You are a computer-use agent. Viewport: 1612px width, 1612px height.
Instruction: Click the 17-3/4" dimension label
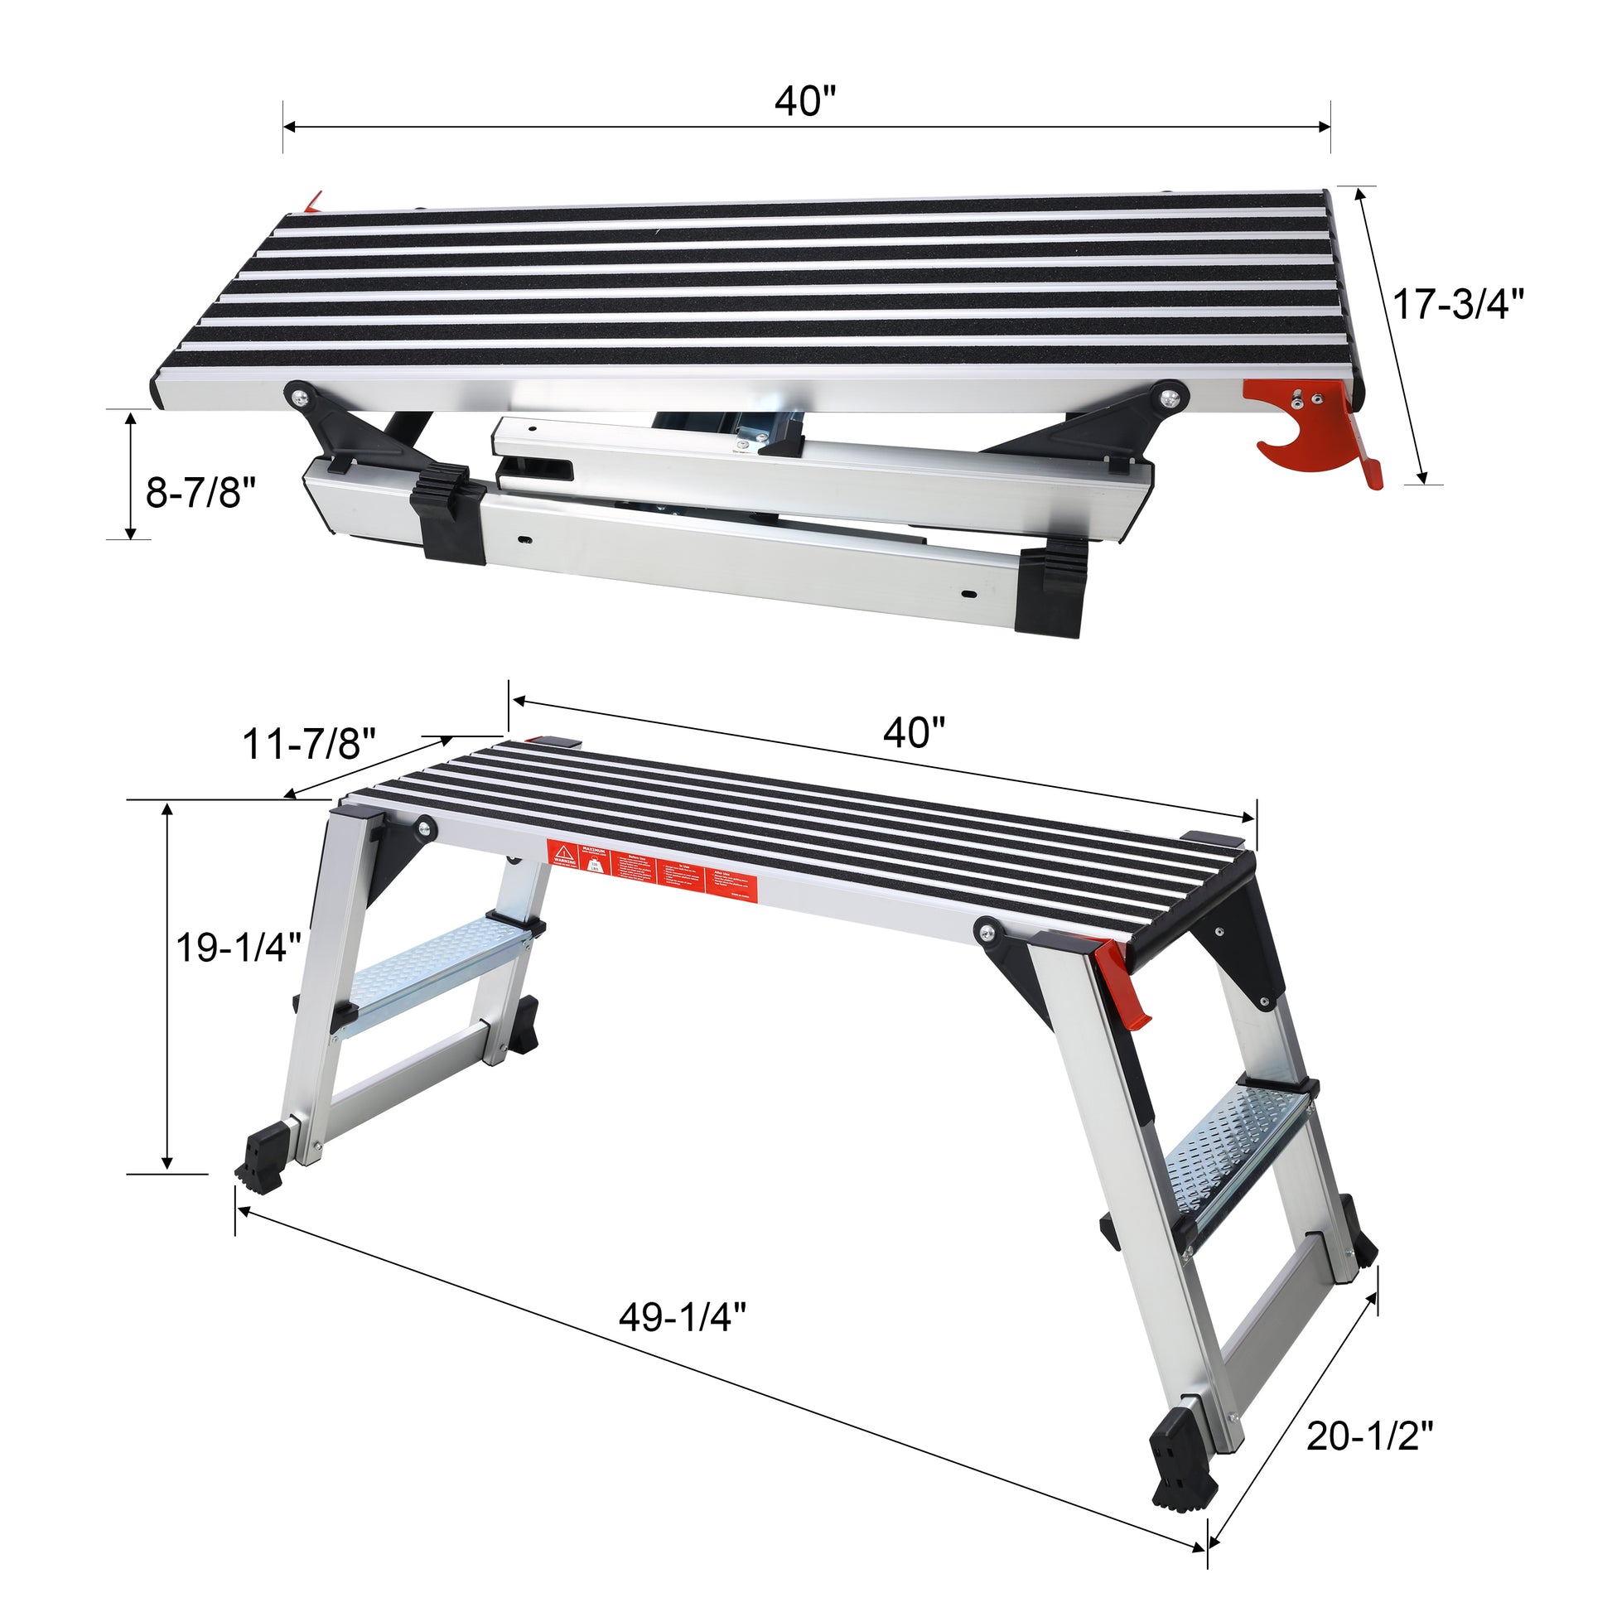click(1459, 305)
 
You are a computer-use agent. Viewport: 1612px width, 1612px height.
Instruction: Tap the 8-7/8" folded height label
click(200, 492)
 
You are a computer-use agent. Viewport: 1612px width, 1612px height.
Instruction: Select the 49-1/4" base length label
click(682, 1318)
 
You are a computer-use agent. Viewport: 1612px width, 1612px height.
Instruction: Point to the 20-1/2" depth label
click(1369, 1436)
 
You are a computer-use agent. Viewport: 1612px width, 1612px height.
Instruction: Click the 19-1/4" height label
click(239, 948)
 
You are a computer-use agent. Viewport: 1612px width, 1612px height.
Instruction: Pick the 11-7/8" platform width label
click(310, 743)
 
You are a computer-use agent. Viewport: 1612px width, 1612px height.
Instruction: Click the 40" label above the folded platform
click(805, 102)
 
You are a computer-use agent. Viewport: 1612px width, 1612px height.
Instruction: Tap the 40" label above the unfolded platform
click(915, 733)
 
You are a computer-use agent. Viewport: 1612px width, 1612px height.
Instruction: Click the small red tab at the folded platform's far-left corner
click(313, 200)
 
